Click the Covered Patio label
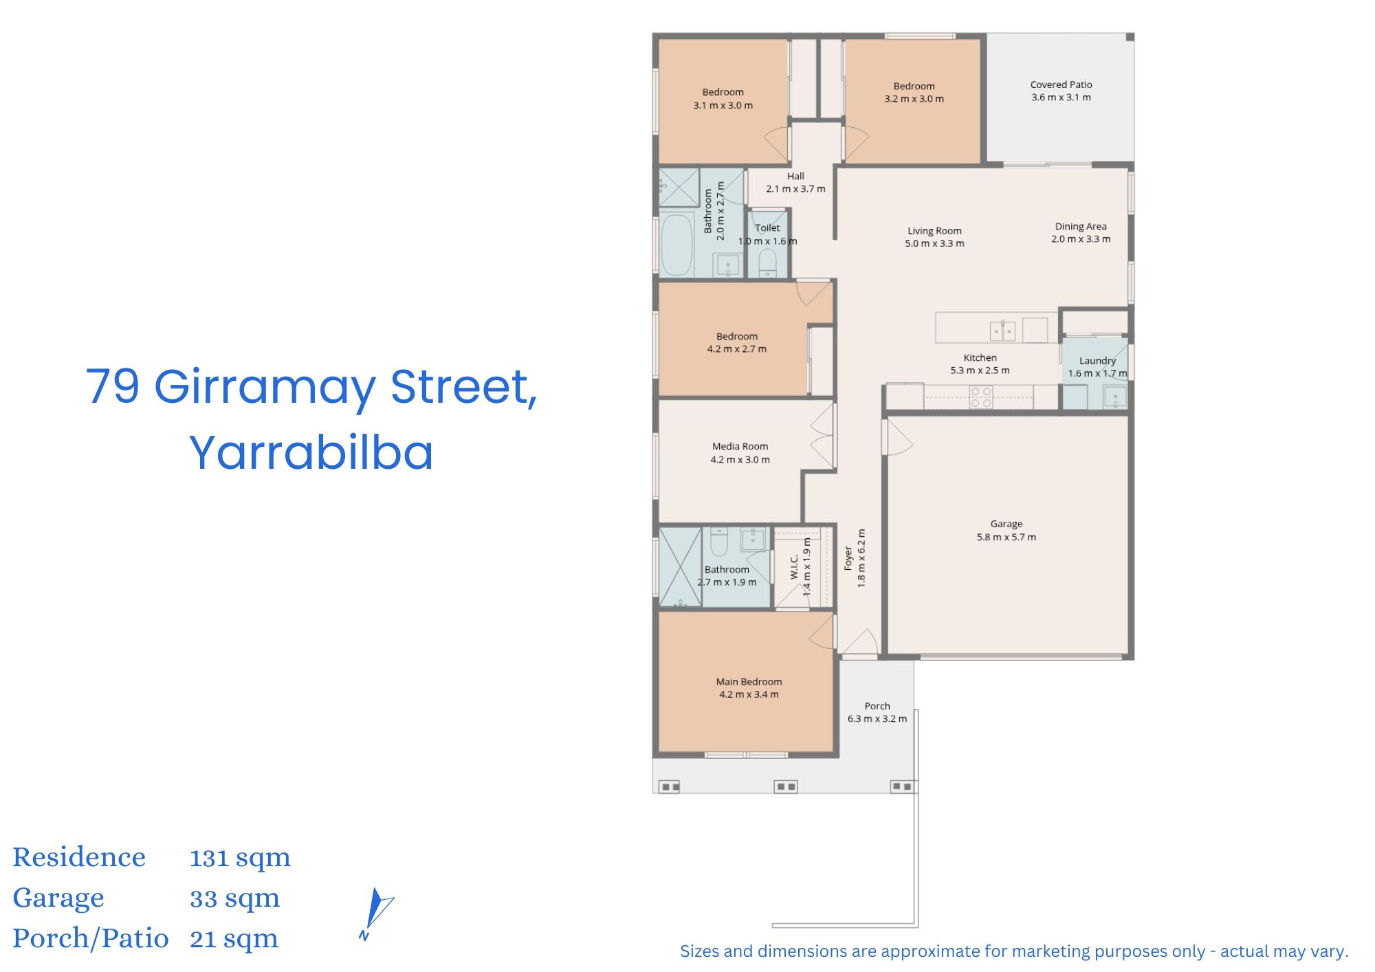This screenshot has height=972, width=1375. pyautogui.click(x=1061, y=85)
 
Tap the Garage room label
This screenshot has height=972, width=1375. pyautogui.click(x=1006, y=524)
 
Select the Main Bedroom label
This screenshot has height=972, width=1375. pyautogui.click(x=749, y=682)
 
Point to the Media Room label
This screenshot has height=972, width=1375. pyautogui.click(x=740, y=446)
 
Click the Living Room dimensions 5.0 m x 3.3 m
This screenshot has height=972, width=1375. pyautogui.click(x=934, y=243)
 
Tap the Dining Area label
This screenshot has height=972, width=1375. pyautogui.click(x=1081, y=226)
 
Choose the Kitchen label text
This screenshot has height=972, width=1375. pyautogui.click(x=980, y=357)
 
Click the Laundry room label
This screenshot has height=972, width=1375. pyautogui.click(x=1097, y=361)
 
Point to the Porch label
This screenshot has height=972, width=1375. pyautogui.click(x=877, y=706)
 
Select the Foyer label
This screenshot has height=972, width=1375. pyautogui.click(x=848, y=558)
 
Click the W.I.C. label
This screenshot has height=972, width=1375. pyautogui.click(x=795, y=567)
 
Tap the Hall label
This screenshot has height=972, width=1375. pyautogui.click(x=795, y=176)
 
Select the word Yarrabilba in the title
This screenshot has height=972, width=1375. pyautogui.click(x=311, y=452)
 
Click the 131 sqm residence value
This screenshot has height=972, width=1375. pyautogui.click(x=240, y=858)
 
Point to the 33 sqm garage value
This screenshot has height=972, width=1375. pyautogui.click(x=234, y=898)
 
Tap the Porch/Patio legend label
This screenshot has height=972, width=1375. pyautogui.click(x=90, y=938)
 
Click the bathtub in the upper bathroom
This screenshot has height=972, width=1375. pyautogui.click(x=677, y=245)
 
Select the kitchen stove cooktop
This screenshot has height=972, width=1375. pyautogui.click(x=981, y=397)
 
